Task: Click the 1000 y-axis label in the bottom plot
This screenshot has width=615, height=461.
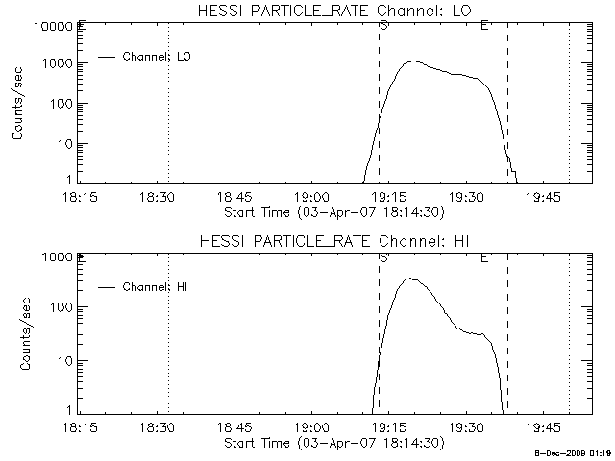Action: tap(56, 257)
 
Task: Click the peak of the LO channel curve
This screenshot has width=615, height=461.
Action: tap(411, 61)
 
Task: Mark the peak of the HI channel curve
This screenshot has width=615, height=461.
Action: tap(409, 279)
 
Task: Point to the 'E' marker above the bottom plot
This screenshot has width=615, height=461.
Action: tap(484, 257)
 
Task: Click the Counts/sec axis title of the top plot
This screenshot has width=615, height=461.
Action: tap(18, 104)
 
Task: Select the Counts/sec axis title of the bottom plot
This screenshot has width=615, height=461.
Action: tap(18, 334)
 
